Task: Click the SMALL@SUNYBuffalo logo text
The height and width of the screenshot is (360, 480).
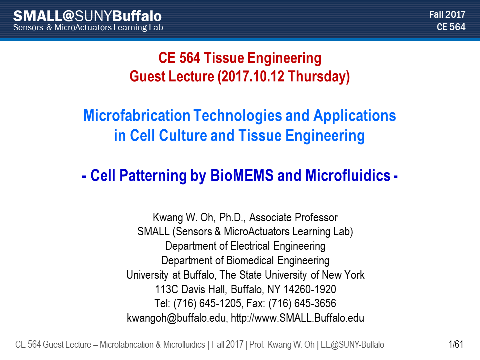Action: tap(87, 16)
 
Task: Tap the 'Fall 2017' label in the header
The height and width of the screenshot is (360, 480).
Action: tap(447, 14)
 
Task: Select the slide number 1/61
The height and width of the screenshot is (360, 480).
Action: tap(456, 344)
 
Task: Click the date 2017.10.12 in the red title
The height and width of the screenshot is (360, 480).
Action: tap(253, 76)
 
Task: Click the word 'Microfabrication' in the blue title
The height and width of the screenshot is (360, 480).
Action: tap(137, 115)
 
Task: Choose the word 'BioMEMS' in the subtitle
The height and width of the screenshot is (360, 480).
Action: tap(242, 175)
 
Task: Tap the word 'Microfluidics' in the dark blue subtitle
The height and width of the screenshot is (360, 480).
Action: tap(348, 175)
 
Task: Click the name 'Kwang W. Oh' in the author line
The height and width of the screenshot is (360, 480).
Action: tap(183, 217)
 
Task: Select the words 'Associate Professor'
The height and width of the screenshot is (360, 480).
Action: tap(293, 217)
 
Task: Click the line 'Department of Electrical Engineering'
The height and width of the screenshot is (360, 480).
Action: tap(245, 246)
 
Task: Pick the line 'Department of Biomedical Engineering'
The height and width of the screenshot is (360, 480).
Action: tap(245, 261)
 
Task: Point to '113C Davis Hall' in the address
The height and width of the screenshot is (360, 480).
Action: tap(191, 289)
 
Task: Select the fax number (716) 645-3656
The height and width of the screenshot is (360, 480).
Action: tap(302, 303)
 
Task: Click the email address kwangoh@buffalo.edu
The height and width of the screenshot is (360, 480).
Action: tap(176, 318)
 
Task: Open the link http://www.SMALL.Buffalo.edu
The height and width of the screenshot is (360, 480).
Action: tap(297, 318)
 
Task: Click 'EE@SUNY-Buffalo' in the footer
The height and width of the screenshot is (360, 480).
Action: tap(352, 344)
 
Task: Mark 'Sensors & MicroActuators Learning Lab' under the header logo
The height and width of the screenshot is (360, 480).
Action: tap(88, 27)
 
